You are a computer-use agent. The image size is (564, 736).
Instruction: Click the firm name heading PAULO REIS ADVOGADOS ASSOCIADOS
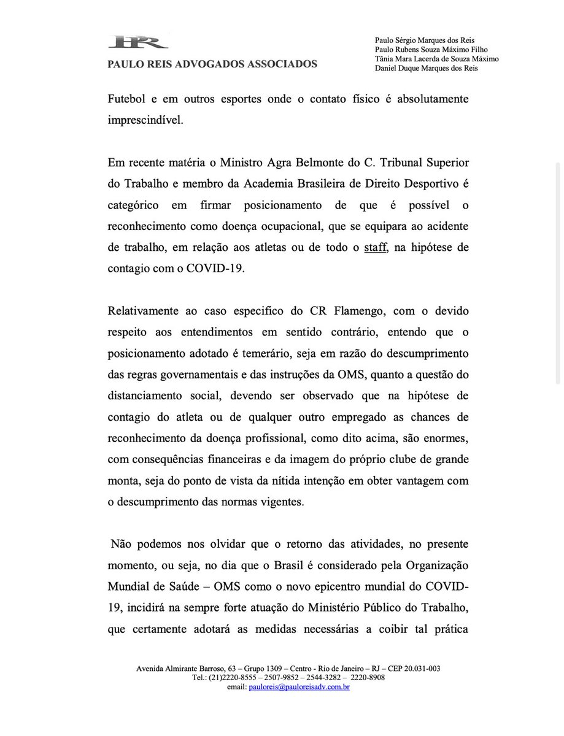pos(212,64)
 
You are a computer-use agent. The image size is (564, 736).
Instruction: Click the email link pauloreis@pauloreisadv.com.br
pos(299,688)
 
